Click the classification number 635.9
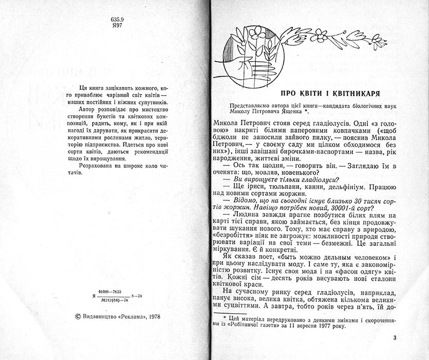point(117,20)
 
